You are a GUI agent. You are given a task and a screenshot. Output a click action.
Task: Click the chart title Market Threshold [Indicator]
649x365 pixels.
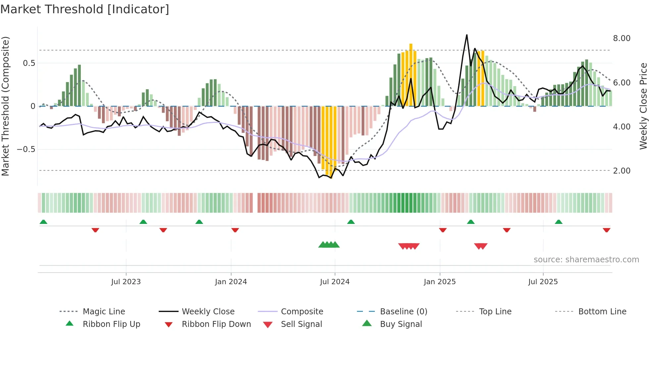pos(85,9)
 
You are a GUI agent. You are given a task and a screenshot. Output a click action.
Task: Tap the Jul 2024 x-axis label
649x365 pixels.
pos(334,282)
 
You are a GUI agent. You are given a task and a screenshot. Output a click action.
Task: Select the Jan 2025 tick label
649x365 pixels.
pos(439,282)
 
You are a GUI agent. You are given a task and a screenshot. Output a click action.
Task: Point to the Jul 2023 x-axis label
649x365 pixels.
pos(126,282)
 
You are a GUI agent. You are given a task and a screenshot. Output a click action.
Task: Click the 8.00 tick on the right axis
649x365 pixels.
pos(622,38)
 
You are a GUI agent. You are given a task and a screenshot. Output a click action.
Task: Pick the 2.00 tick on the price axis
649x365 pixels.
pos(622,171)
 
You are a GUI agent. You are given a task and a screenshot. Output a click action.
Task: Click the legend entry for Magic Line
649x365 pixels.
pos(104,312)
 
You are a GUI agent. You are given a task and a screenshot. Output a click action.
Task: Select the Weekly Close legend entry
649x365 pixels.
pos(208,312)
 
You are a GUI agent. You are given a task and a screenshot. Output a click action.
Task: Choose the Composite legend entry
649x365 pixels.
pos(302,312)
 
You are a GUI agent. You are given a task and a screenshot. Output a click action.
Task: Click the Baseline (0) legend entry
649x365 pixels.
pos(403,312)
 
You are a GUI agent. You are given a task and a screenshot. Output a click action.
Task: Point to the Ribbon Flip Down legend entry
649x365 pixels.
pos(216,324)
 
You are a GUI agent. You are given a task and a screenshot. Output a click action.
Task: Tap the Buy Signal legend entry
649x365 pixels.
pos(401,324)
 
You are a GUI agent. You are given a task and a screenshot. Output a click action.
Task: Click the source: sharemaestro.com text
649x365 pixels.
pos(586,260)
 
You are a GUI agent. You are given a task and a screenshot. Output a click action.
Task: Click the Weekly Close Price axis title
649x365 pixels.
pos(643,106)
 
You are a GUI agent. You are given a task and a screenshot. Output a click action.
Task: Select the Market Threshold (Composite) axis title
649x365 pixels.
pos(5,106)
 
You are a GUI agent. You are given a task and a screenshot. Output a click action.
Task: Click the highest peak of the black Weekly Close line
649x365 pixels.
pos(467,35)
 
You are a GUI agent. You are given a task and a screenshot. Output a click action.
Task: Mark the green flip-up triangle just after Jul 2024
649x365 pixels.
pos(351,222)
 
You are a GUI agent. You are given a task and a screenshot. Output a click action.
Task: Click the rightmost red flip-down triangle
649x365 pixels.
pos(606,230)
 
